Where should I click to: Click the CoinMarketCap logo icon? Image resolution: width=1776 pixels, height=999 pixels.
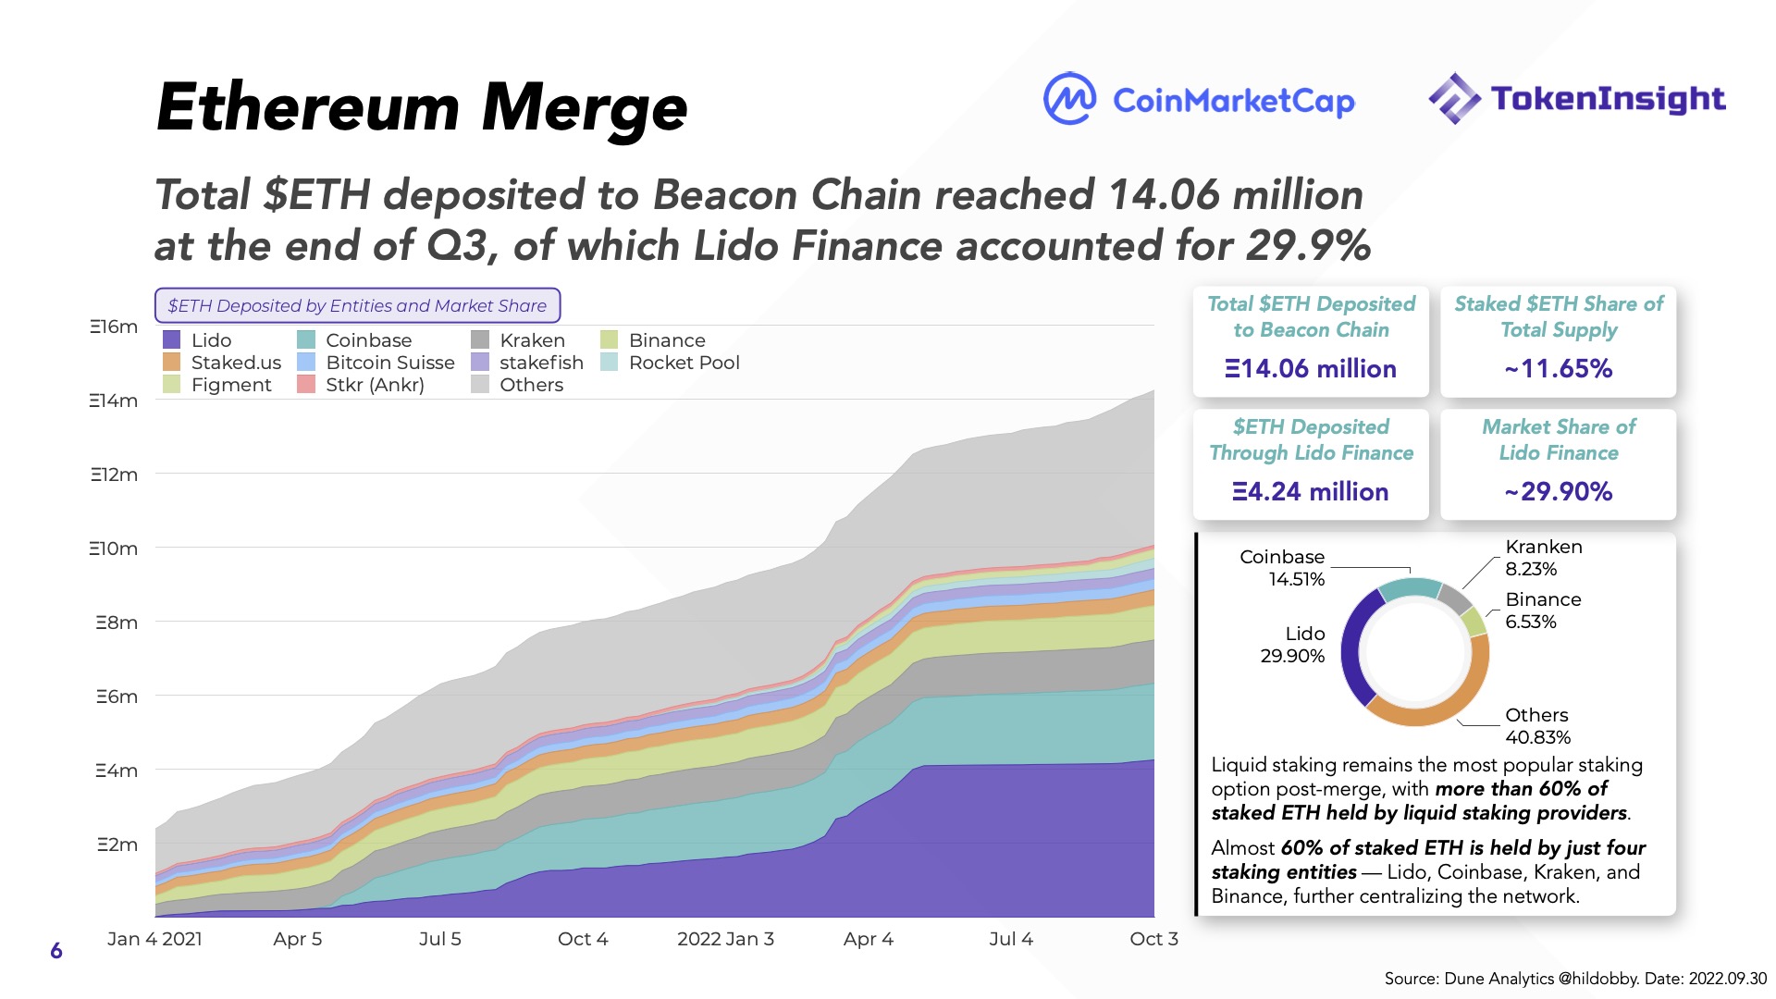1069,99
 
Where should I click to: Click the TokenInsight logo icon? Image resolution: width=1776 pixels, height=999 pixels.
1455,99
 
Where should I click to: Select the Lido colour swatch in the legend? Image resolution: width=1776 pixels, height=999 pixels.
172,340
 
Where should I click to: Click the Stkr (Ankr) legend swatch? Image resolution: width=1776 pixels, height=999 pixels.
306,385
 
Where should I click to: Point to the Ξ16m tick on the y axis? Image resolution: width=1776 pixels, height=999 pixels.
114,327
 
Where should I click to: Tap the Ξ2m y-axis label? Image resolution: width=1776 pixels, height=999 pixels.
117,845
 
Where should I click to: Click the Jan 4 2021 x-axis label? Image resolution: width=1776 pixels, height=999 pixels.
154,939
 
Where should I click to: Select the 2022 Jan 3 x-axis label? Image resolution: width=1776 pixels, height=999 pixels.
725,939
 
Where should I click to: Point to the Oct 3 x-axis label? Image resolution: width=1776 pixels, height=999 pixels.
1153,939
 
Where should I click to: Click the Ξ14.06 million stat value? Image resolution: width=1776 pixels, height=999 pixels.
1311,369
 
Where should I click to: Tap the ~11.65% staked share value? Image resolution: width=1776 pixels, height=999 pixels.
1559,369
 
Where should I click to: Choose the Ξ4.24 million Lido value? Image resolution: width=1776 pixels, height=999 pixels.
1311,492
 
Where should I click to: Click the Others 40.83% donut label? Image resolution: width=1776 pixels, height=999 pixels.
1537,726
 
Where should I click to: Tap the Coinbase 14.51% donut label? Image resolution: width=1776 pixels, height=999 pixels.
1282,568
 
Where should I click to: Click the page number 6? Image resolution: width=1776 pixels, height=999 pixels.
56,951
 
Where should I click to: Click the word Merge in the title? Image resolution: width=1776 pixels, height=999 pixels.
585,108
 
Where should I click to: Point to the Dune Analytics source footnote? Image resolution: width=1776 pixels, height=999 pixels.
1574,979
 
